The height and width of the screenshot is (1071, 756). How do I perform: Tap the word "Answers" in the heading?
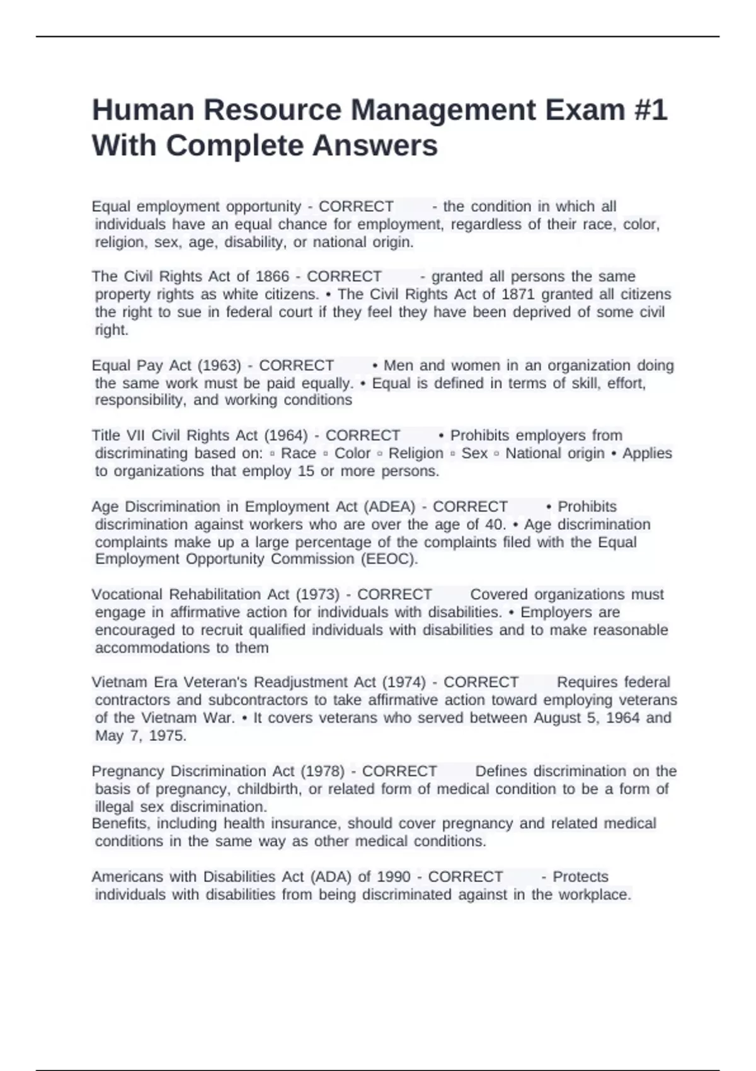pyautogui.click(x=378, y=146)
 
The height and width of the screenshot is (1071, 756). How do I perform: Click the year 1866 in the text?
pyautogui.click(x=272, y=277)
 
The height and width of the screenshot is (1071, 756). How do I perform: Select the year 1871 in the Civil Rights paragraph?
pyautogui.click(x=518, y=294)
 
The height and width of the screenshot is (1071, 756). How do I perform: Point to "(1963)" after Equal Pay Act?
pyautogui.click(x=219, y=366)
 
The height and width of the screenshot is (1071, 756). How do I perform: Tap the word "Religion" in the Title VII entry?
pyautogui.click(x=416, y=454)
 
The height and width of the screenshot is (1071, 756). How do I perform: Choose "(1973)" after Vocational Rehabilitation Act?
pyautogui.click(x=318, y=595)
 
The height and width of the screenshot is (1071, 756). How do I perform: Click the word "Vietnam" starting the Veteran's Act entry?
pyautogui.click(x=116, y=682)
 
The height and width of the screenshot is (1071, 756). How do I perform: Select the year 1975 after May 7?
pyautogui.click(x=167, y=736)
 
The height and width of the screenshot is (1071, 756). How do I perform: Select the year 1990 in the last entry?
pyautogui.click(x=393, y=877)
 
